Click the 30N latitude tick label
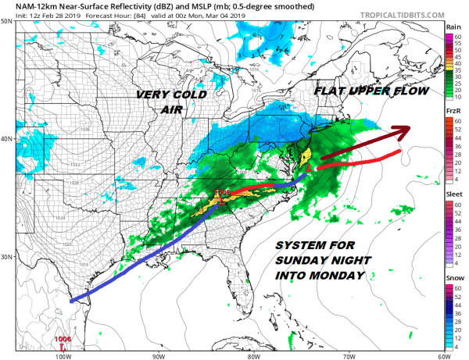(6, 257)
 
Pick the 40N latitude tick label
(6, 139)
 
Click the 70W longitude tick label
(347, 355)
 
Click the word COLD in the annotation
(190, 94)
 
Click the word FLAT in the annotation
(331, 92)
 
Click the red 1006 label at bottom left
(66, 338)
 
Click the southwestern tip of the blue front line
(70, 301)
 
